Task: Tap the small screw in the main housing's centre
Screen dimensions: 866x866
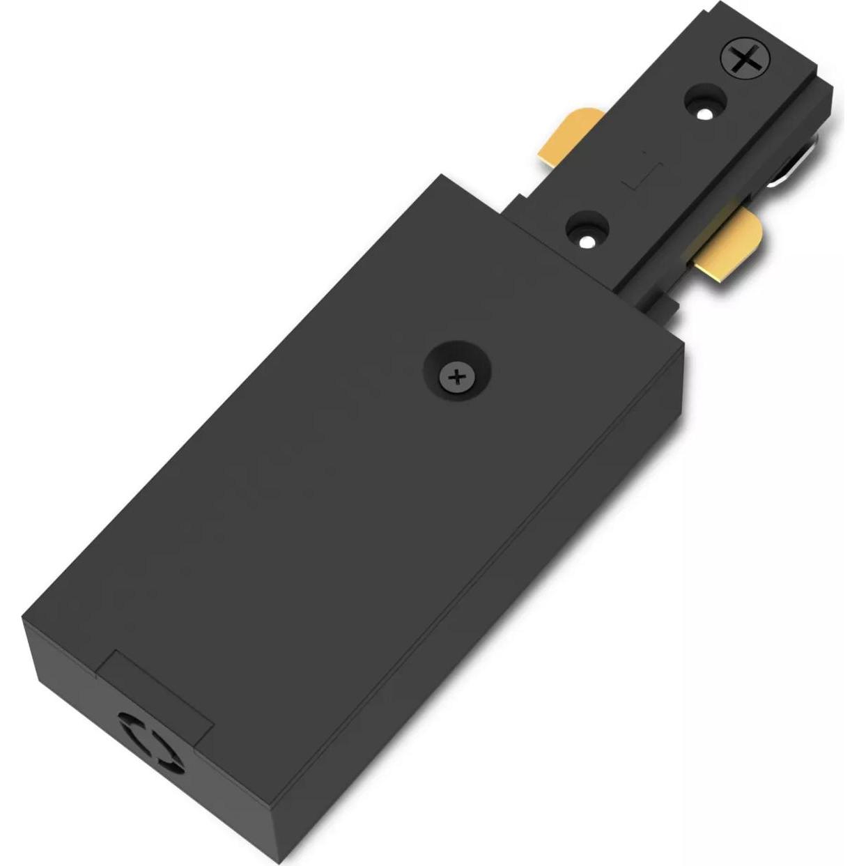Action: (x=457, y=377)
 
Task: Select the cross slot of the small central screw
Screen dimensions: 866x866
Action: (x=457, y=378)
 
